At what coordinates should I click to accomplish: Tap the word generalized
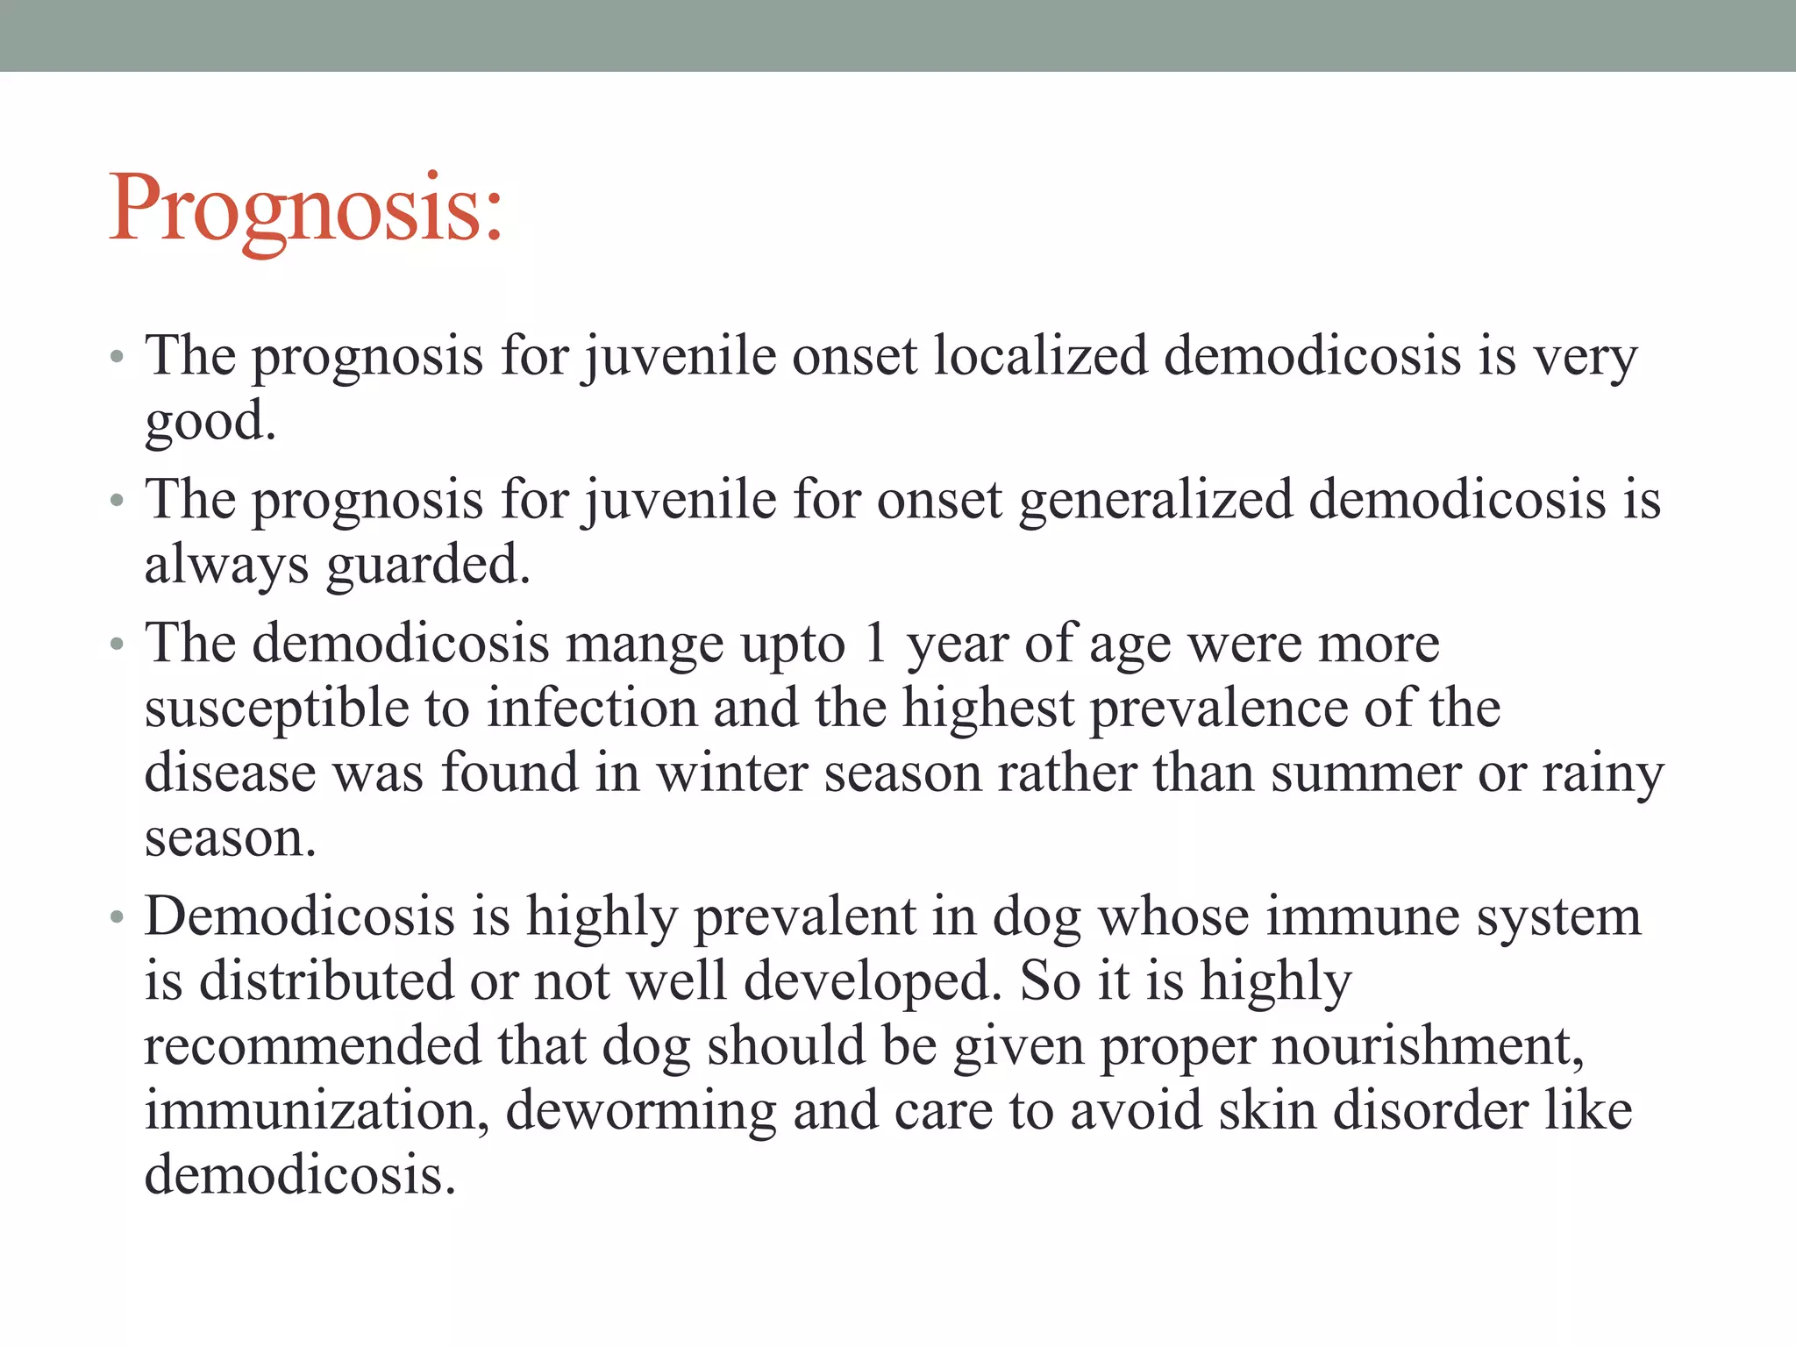[x=1156, y=500]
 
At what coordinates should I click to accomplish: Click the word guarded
[x=428, y=564]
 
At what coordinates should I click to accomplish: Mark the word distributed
[x=326, y=980]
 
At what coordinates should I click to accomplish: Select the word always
[x=226, y=566]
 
